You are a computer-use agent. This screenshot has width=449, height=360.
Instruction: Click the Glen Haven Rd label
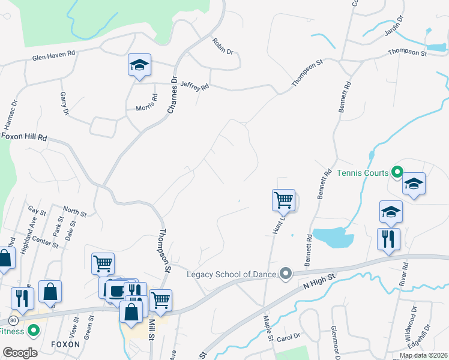(x=53, y=55)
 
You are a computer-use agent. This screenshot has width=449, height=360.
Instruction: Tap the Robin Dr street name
(x=222, y=46)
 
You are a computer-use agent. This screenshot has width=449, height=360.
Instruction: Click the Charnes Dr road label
(x=173, y=95)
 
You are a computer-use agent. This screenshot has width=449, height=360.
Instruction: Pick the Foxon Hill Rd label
(x=24, y=137)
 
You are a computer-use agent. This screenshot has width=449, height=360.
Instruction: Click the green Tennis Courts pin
(x=396, y=173)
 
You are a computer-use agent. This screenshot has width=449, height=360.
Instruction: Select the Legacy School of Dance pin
(x=286, y=274)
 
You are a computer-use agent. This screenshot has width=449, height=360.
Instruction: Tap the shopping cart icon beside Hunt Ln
(x=283, y=200)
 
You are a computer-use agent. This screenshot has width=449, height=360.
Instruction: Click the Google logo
(x=20, y=352)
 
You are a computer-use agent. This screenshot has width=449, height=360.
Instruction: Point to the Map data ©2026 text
(x=423, y=355)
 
